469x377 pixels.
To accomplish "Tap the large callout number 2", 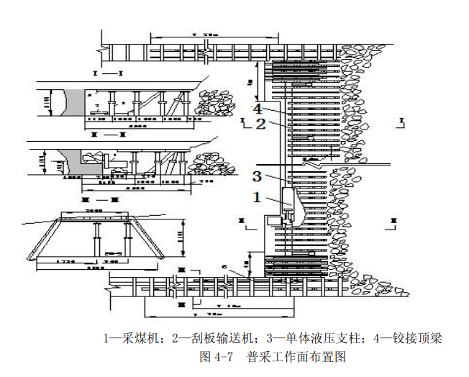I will click(x=261, y=123).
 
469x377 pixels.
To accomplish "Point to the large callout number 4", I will click(x=258, y=109).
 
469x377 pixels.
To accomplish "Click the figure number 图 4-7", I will click(x=216, y=356).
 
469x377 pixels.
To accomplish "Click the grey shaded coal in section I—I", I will click(x=73, y=102).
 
